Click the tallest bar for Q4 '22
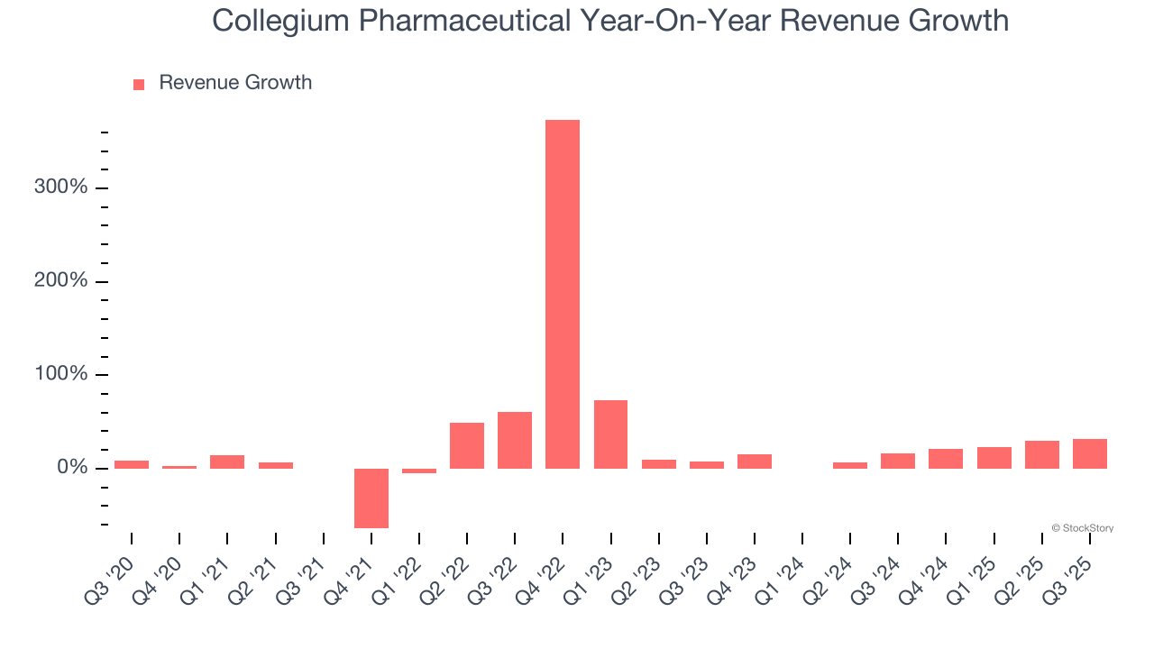(563, 294)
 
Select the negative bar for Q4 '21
(371, 498)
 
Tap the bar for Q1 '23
(610, 434)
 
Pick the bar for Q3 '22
(515, 440)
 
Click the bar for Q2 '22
(467, 445)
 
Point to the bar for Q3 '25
(1089, 453)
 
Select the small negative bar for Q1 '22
(419, 471)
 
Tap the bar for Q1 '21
(227, 462)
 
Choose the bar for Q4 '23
(755, 461)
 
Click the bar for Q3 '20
(132, 464)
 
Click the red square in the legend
(139, 85)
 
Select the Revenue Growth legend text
(235, 83)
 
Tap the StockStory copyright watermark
(1082, 528)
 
